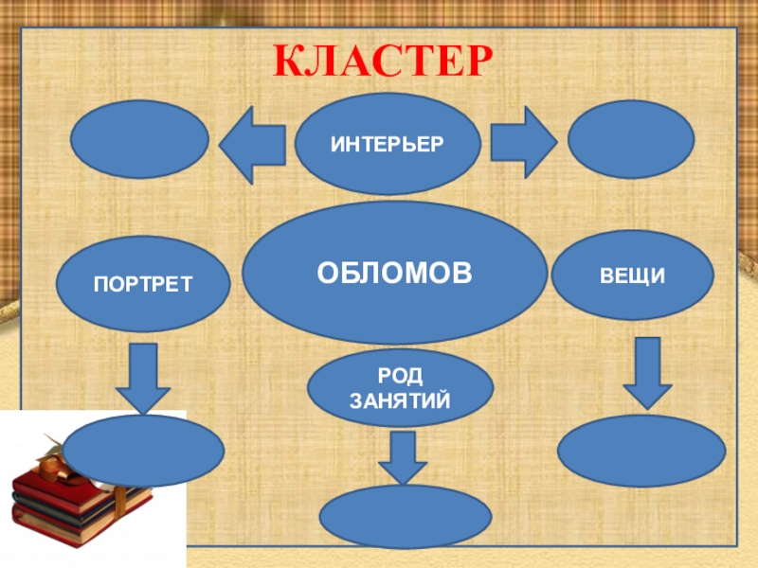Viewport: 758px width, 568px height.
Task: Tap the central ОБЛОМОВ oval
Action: click(394, 273)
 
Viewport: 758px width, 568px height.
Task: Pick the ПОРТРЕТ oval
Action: click(143, 283)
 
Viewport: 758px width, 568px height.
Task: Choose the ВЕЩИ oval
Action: click(632, 275)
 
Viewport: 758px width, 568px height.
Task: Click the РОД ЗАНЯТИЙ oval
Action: click(400, 389)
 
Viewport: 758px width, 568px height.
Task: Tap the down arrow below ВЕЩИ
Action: click(648, 372)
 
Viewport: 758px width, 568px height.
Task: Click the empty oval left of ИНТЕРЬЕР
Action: click(139, 139)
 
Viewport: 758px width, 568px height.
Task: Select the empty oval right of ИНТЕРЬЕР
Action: click(631, 139)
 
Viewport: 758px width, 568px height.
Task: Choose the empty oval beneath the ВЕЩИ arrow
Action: click(641, 451)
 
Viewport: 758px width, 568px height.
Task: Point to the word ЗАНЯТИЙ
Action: click(400, 401)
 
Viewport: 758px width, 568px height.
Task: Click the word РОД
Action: click(400, 377)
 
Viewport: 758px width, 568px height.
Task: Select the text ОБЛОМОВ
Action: click(394, 273)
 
